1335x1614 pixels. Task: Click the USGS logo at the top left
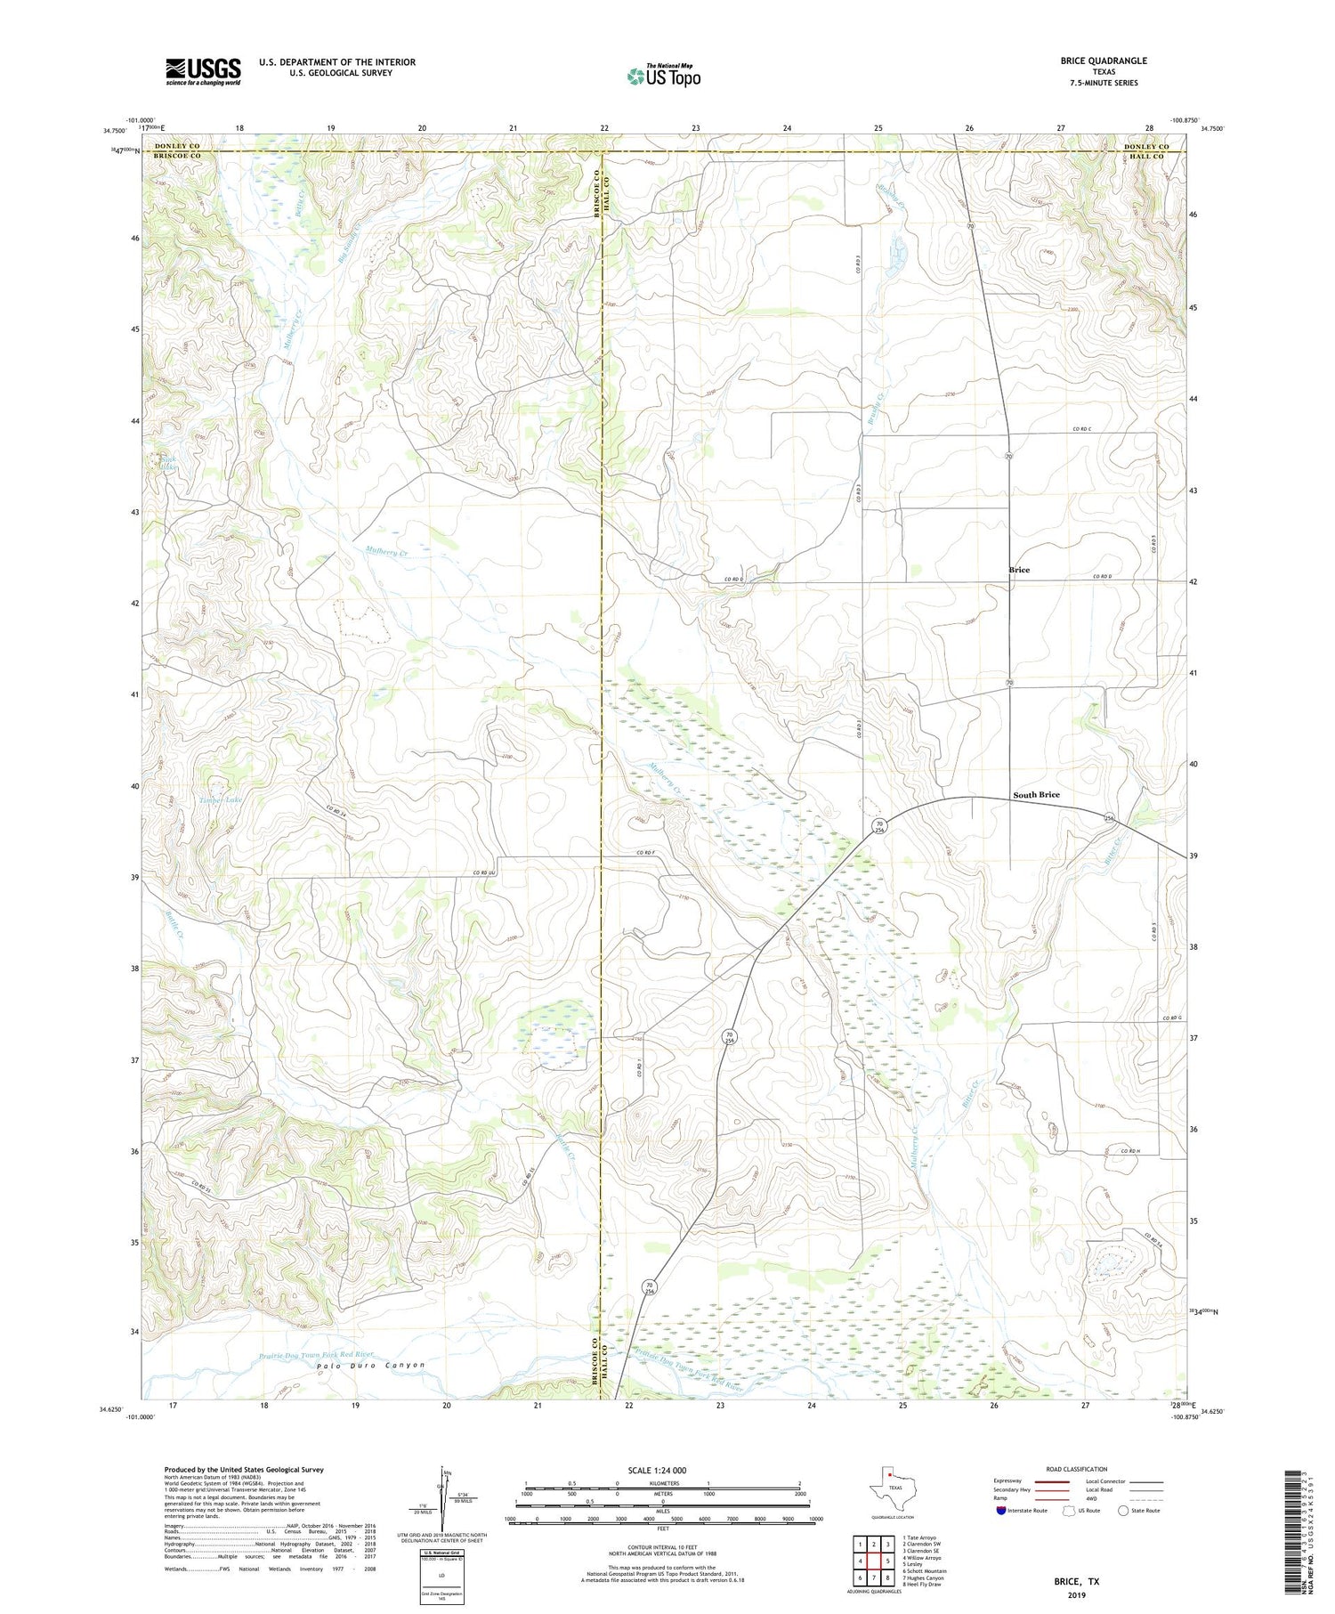click(x=203, y=71)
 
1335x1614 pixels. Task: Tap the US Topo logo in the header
click(x=663, y=77)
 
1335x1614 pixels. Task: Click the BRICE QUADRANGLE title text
click(x=1103, y=61)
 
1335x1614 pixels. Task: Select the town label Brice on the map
click(x=1019, y=570)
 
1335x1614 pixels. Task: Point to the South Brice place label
click(x=1036, y=794)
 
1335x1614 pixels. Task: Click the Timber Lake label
click(x=220, y=800)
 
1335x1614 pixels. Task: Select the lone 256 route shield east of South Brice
click(x=1109, y=817)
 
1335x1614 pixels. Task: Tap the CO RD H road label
click(x=1130, y=1151)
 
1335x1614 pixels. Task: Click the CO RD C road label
click(x=1082, y=430)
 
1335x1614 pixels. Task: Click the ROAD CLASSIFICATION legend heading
click(x=1077, y=1469)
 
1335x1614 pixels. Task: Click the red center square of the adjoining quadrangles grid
click(x=876, y=1561)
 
